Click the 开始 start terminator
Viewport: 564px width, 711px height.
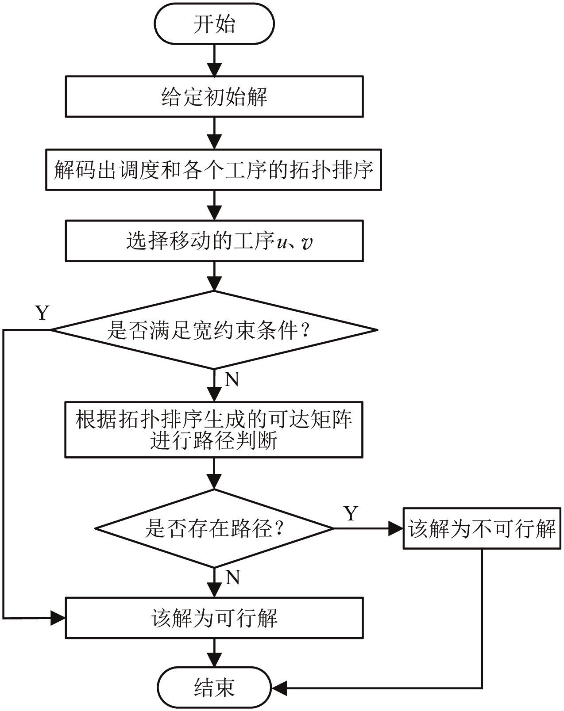(x=214, y=24)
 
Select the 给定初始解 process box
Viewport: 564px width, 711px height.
(x=214, y=96)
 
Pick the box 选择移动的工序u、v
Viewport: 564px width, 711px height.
(x=214, y=241)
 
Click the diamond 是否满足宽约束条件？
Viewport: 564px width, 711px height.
(x=214, y=330)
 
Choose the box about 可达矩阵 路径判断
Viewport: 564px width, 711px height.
(x=214, y=429)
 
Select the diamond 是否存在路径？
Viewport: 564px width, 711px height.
(x=214, y=528)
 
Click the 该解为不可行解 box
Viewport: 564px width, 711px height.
(x=482, y=529)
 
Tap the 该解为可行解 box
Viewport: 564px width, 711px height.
(x=214, y=618)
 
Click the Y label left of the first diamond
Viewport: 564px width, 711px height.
(x=42, y=313)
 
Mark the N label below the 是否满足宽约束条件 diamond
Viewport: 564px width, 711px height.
(x=232, y=379)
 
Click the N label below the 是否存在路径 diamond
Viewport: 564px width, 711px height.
(x=232, y=577)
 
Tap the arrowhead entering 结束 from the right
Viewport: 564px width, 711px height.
(x=279, y=688)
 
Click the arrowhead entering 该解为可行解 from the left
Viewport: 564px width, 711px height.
(x=58, y=618)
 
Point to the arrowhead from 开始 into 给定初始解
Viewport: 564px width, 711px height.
(x=214, y=69)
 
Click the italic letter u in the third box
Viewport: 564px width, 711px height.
(x=282, y=243)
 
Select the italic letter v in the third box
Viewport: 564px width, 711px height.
(x=306, y=243)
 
